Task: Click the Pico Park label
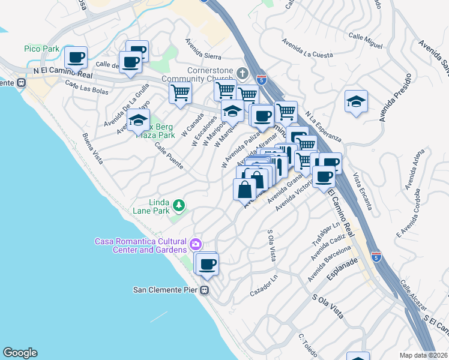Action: (40, 49)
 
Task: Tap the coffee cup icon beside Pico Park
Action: (76, 58)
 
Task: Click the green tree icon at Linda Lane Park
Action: (178, 206)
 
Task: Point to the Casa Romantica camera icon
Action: (195, 245)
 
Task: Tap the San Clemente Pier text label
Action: (166, 290)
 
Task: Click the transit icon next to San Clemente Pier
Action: (205, 290)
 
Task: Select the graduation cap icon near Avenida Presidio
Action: (356, 101)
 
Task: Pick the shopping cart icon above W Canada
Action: (180, 93)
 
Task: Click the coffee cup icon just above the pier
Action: (208, 264)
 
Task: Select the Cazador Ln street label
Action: (265, 287)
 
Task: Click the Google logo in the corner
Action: (20, 353)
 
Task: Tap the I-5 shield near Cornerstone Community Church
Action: (261, 79)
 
